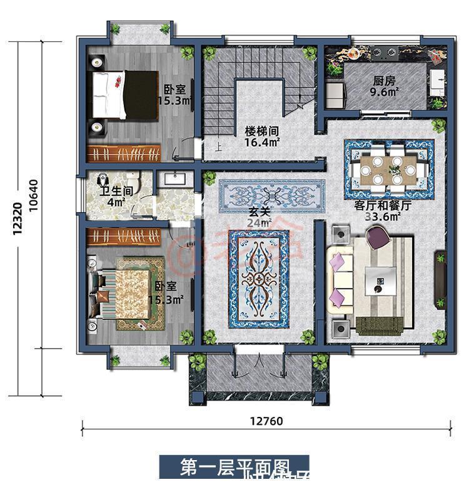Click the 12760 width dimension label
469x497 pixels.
tap(268, 421)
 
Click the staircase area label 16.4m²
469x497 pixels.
tap(261, 143)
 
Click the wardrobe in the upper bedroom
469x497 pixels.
tap(124, 153)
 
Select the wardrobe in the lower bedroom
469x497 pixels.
tap(124, 237)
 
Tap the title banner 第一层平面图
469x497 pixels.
tap(234, 467)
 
